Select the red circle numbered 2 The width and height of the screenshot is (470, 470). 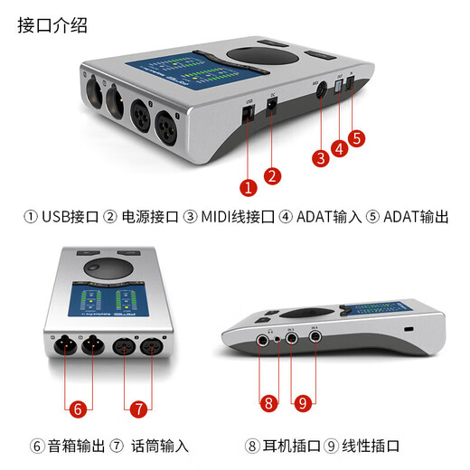[x=271, y=174]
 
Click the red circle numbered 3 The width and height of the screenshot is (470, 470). [x=320, y=158]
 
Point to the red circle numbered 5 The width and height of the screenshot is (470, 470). [x=357, y=138]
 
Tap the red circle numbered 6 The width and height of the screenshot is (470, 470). [x=79, y=409]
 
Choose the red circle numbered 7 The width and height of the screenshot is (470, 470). [x=138, y=409]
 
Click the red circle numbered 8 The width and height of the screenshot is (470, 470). [x=268, y=403]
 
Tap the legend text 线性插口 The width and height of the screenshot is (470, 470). [x=370, y=446]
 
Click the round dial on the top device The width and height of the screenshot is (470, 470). [x=268, y=56]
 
